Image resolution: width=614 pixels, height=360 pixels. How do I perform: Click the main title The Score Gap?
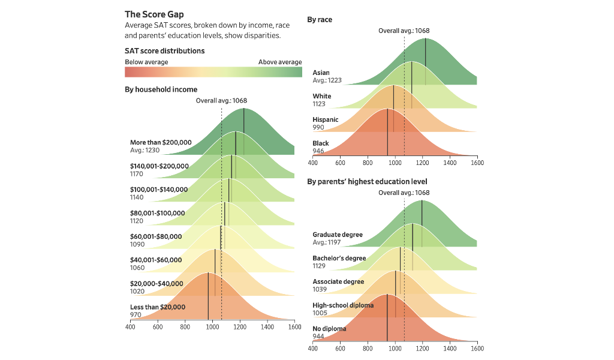154,14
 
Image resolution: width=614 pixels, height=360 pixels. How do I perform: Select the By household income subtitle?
161,89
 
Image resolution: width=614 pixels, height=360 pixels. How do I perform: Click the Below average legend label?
146,62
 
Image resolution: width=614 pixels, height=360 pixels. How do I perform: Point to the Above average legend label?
280,62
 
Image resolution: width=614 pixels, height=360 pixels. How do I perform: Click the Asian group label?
321,73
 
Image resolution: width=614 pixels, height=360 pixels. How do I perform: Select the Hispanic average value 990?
318,127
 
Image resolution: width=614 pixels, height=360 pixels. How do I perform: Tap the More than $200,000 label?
161,142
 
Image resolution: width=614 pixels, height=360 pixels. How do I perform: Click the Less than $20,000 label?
158,307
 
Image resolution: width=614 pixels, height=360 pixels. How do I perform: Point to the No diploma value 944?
318,336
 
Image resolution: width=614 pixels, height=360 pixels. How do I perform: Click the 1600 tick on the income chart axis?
294,328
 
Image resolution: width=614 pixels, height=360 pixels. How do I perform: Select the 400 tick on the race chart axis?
313,163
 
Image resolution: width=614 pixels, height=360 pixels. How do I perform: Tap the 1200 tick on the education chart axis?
422,348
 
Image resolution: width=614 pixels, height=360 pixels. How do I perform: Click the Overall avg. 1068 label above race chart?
404,31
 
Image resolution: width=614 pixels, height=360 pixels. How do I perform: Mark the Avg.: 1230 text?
145,150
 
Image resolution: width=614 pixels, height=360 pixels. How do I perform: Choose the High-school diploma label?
343,305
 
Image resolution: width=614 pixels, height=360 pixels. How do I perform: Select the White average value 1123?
319,104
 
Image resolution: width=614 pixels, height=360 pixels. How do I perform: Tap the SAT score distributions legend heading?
164,51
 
